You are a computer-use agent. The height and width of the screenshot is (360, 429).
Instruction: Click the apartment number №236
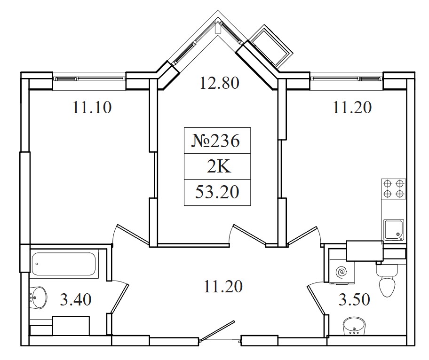pyautogui.click(x=217, y=141)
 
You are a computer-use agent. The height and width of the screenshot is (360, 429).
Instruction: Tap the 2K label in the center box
pyautogui.click(x=219, y=167)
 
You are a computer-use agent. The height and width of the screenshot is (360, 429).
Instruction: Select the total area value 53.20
pyautogui.click(x=217, y=192)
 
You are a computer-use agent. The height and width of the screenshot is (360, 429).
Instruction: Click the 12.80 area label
pyautogui.click(x=219, y=83)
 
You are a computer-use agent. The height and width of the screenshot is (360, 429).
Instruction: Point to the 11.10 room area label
pyautogui.click(x=92, y=108)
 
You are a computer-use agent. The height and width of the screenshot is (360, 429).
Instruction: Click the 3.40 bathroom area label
pyautogui.click(x=76, y=299)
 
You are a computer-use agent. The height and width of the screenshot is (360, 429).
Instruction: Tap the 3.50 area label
pyautogui.click(x=354, y=299)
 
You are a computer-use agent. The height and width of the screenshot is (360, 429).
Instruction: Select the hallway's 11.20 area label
pyautogui.click(x=223, y=287)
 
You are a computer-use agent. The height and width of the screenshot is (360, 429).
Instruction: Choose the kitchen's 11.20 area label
pyautogui.click(x=352, y=108)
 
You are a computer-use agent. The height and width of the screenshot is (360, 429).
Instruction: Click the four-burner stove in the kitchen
pyautogui.click(x=393, y=189)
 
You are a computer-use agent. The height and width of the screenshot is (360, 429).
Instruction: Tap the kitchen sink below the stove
pyautogui.click(x=394, y=230)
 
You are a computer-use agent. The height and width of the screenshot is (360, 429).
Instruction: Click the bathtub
pyautogui.click(x=64, y=264)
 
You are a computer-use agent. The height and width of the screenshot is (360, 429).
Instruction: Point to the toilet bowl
pyautogui.click(x=386, y=282)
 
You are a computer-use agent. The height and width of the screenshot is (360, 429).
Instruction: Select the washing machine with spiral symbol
pyautogui.click(x=342, y=272)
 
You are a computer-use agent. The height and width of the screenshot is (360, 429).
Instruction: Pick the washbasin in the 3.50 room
pyautogui.click(x=354, y=326)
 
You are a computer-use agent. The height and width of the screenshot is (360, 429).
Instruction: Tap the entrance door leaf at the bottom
pyautogui.click(x=217, y=331)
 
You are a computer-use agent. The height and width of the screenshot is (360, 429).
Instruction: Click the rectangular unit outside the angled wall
pyautogui.click(x=272, y=46)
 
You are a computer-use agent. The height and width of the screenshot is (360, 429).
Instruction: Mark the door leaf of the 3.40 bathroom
pyautogui.click(x=119, y=299)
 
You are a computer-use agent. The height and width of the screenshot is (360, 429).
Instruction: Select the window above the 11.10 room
pyautogui.click(x=89, y=79)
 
